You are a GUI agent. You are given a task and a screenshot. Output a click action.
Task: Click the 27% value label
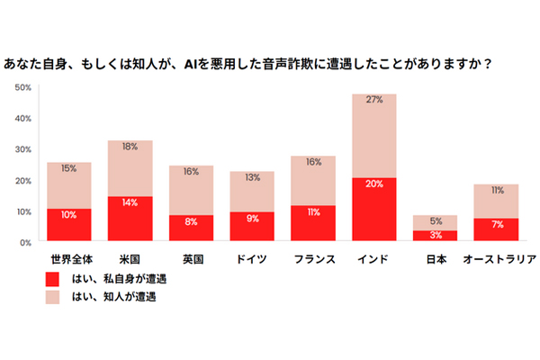pos(375,100)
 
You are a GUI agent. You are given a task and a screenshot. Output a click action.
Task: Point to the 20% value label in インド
pos(375,184)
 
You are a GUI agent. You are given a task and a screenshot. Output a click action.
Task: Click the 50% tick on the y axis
pos(24,87)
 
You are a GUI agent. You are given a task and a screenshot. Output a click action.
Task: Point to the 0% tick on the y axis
pos(27,242)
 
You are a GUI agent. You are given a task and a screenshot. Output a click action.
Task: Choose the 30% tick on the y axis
pos(24,149)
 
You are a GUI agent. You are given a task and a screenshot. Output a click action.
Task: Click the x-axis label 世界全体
pos(69,259)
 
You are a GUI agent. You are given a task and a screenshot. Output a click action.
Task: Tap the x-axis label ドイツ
pos(253,259)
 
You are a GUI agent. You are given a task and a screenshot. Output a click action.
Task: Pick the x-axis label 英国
pos(192,259)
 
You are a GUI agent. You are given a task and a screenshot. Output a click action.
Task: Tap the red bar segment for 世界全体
pos(69,226)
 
